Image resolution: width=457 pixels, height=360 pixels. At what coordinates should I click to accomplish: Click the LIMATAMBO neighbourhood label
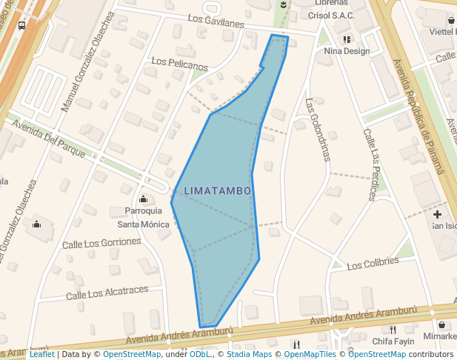coord(217,191)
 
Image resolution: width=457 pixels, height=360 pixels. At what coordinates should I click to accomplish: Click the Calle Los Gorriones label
coord(101,243)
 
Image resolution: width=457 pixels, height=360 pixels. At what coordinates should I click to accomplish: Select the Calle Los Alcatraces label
coord(107,293)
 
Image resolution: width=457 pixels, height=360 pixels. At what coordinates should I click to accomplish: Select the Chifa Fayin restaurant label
coord(393,341)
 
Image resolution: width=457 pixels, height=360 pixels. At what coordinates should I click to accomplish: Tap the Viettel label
coord(443,32)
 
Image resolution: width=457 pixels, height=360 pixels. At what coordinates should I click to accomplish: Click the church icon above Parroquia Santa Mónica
coord(143,199)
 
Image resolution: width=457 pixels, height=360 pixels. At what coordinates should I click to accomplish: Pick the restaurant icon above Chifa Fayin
coord(393,330)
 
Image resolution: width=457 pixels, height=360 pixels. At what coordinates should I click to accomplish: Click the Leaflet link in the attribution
coord(41,355)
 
